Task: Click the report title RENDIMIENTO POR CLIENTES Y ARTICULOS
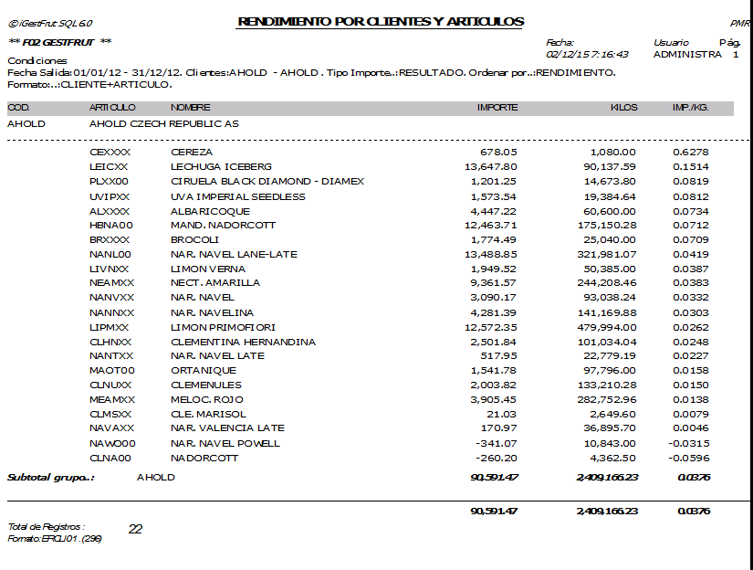[381, 21]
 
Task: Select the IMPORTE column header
[497, 108]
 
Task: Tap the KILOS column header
[623, 108]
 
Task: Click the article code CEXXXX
[110, 152]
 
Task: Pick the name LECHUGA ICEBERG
[221, 166]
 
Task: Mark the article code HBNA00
[111, 225]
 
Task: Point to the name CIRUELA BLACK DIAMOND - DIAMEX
[267, 181]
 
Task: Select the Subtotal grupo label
[51, 478]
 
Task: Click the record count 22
[135, 529]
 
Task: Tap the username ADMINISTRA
[687, 55]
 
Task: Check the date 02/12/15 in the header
[568, 55]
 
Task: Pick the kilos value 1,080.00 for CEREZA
[613, 152]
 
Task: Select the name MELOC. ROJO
[207, 400]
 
